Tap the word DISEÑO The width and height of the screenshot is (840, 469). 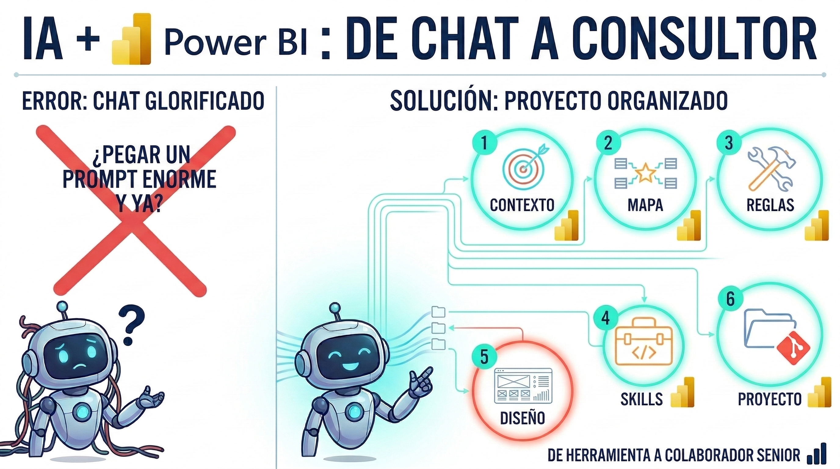(x=522, y=418)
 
